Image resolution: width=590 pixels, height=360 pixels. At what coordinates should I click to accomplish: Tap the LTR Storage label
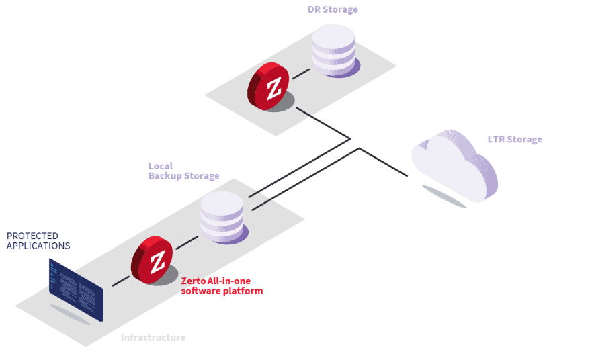pyautogui.click(x=515, y=140)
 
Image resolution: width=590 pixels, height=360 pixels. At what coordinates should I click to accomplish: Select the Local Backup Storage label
pyautogui.click(x=183, y=171)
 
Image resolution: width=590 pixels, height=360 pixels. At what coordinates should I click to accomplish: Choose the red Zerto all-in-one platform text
pyautogui.click(x=222, y=286)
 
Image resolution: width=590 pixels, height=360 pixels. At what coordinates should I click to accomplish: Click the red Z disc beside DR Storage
pyautogui.click(x=269, y=87)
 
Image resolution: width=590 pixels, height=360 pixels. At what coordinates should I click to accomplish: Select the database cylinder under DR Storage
pyautogui.click(x=333, y=50)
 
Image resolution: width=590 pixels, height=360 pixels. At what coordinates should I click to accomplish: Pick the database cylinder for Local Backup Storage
pyautogui.click(x=222, y=216)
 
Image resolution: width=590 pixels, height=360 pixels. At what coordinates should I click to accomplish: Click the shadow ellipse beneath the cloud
pyautogui.click(x=444, y=196)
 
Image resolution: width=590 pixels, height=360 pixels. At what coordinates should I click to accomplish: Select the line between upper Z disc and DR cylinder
pyautogui.click(x=302, y=69)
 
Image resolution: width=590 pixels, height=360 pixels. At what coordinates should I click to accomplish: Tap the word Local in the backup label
pyautogui.click(x=161, y=165)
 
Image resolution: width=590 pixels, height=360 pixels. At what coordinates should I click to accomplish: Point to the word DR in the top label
pyautogui.click(x=312, y=9)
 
